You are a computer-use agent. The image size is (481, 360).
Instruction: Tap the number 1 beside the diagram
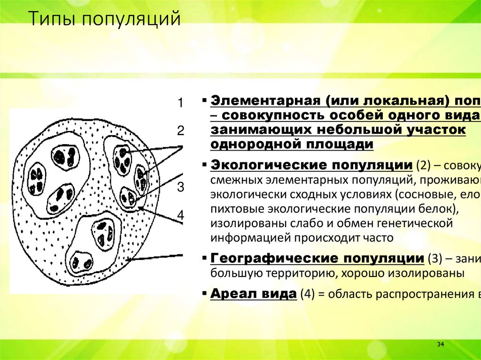pos(180,103)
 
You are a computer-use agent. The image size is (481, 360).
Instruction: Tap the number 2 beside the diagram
pos(180,130)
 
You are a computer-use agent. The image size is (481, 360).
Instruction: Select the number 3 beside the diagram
pos(180,188)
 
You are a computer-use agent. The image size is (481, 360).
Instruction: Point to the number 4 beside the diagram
pos(180,215)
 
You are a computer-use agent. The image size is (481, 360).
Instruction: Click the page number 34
pos(441,345)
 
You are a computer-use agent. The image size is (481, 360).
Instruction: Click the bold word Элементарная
pos(264,100)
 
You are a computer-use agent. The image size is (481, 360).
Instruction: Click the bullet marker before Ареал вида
pos(206,293)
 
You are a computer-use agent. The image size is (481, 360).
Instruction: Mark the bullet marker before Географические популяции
pos(206,258)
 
